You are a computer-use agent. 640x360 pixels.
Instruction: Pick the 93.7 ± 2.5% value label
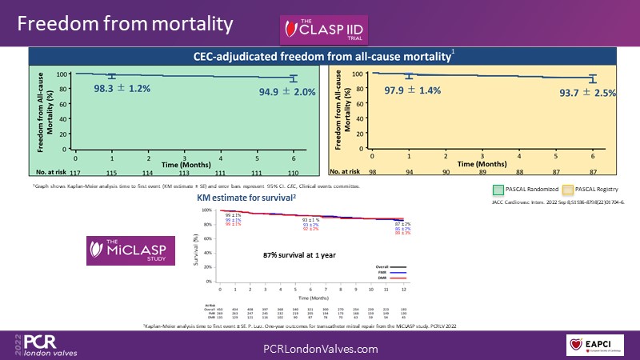(587, 93)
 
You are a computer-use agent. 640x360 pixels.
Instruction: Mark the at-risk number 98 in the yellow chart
(372, 172)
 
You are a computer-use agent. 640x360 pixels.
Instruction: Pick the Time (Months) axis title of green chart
(186, 162)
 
